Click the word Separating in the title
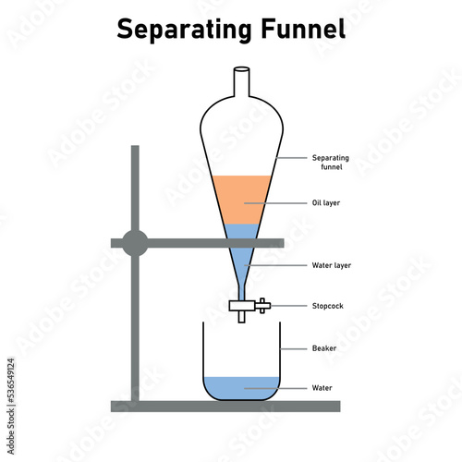[x=184, y=30]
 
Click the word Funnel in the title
[x=303, y=29]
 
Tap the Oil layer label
[x=326, y=203]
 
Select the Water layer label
[x=332, y=265]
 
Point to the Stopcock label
[x=328, y=306]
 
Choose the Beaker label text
[x=324, y=348]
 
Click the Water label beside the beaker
[x=322, y=388]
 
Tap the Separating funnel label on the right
[x=331, y=163]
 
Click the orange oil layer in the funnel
[x=242, y=200]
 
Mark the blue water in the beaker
[x=241, y=388]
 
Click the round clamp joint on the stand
[x=135, y=243]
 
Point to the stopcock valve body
[x=242, y=306]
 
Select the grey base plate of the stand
[x=225, y=407]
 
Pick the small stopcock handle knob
[x=262, y=306]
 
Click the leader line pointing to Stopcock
[x=288, y=306]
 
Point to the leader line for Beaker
[x=294, y=349]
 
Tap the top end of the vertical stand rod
[x=135, y=146]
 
